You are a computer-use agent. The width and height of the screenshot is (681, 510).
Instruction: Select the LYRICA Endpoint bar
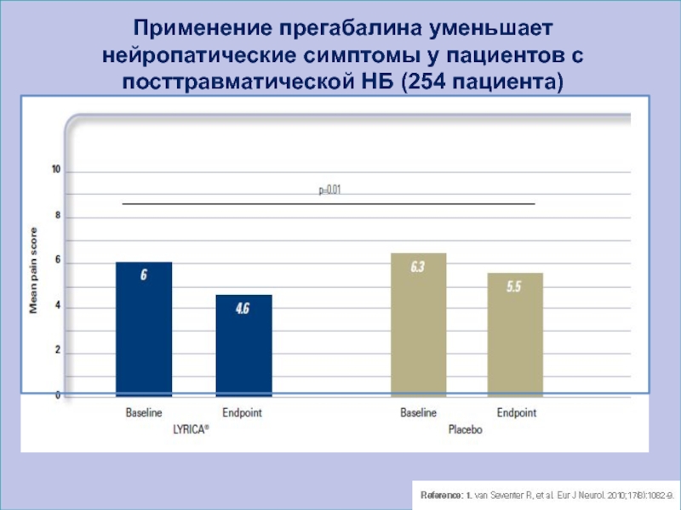click(243, 345)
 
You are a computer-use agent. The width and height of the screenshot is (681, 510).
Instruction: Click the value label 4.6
click(243, 309)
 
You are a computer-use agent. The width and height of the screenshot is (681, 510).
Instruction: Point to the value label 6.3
click(417, 267)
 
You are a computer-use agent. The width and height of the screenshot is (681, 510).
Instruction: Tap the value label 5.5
click(514, 287)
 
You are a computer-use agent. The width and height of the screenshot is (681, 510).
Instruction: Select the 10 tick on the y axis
click(56, 171)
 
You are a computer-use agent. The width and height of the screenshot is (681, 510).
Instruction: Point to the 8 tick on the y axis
click(57, 216)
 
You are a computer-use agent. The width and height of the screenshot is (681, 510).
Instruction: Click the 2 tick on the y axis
click(57, 350)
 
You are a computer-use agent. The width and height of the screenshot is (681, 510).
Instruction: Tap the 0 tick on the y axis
click(57, 395)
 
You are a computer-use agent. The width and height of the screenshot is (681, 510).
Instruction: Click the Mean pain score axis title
click(35, 270)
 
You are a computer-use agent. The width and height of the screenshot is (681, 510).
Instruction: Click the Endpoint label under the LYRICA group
click(242, 413)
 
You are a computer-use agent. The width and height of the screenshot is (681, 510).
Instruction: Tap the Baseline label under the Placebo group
click(418, 413)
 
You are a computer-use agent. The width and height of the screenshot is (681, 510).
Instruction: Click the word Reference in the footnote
click(436, 494)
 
